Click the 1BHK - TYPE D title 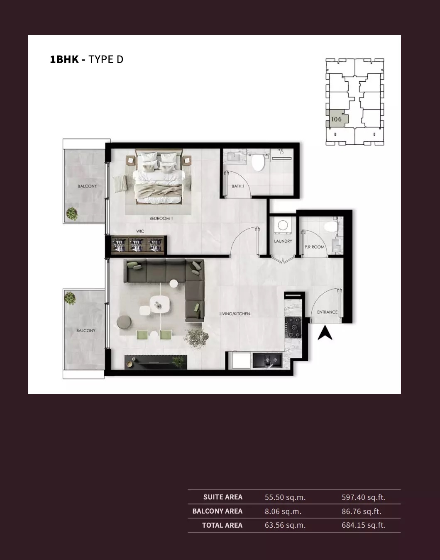tap(86, 59)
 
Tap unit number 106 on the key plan tap(336, 119)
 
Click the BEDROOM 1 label tap(161, 218)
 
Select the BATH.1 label tap(238, 186)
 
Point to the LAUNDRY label tap(283, 241)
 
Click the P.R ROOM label tap(315, 247)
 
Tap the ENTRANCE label tap(327, 312)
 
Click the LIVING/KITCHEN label tap(235, 314)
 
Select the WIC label tap(140, 231)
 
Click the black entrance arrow tap(325, 333)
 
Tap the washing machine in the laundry tap(283, 225)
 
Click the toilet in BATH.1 tap(258, 163)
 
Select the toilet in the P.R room tap(331, 227)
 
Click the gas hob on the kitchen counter tap(294, 326)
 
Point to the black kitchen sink tap(267, 360)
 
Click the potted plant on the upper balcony tap(72, 214)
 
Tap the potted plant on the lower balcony tap(70, 298)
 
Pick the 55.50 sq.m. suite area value tap(285, 497)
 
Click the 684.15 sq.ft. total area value tap(363, 525)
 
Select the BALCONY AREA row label tap(217, 511)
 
